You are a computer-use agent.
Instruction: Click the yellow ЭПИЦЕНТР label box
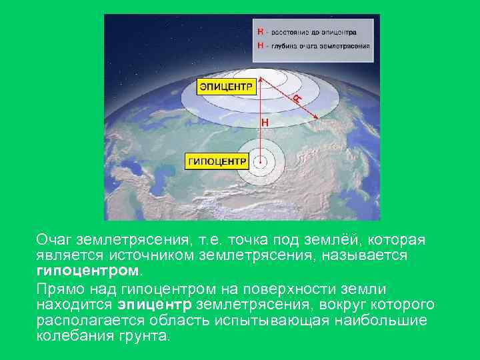coord(227,87)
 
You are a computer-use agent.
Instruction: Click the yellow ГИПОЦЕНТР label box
coord(217,161)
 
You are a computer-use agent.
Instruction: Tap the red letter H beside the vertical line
coord(265,123)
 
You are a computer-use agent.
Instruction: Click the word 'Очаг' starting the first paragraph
coord(54,239)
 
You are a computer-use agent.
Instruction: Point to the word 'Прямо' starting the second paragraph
coord(59,289)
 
